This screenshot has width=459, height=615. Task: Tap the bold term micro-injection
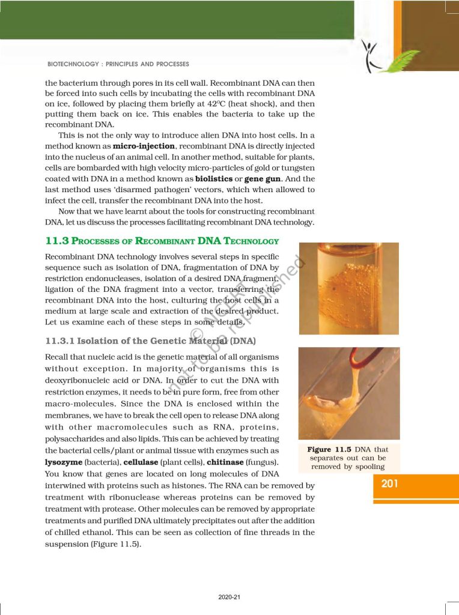[141, 147]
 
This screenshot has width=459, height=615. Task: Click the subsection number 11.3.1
[61, 341]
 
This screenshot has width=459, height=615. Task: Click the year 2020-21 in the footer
[229, 597]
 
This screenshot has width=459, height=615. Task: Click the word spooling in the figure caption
[367, 467]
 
